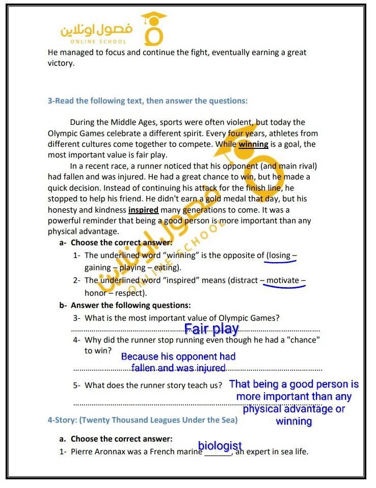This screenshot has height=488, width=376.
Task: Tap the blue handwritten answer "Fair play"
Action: pos(211,329)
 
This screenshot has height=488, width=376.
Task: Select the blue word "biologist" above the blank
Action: pos(220,446)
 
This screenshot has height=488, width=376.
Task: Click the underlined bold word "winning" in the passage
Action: pos(253,144)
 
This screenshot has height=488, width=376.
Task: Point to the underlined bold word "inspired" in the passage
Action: pos(143,210)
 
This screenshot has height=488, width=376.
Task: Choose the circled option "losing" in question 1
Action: pos(280,255)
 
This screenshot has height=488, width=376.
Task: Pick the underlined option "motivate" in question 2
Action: pos(283,280)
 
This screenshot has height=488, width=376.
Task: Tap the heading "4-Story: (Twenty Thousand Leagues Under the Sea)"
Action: pos(142,420)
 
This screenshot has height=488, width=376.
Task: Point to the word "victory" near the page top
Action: pos(61,63)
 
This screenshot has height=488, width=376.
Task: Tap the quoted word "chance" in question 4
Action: pos(304,340)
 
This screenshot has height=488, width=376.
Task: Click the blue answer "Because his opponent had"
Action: pos(178,356)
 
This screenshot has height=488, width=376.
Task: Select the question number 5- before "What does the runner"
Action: pos(77,386)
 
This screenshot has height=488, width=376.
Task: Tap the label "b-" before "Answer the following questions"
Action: pos(63,305)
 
